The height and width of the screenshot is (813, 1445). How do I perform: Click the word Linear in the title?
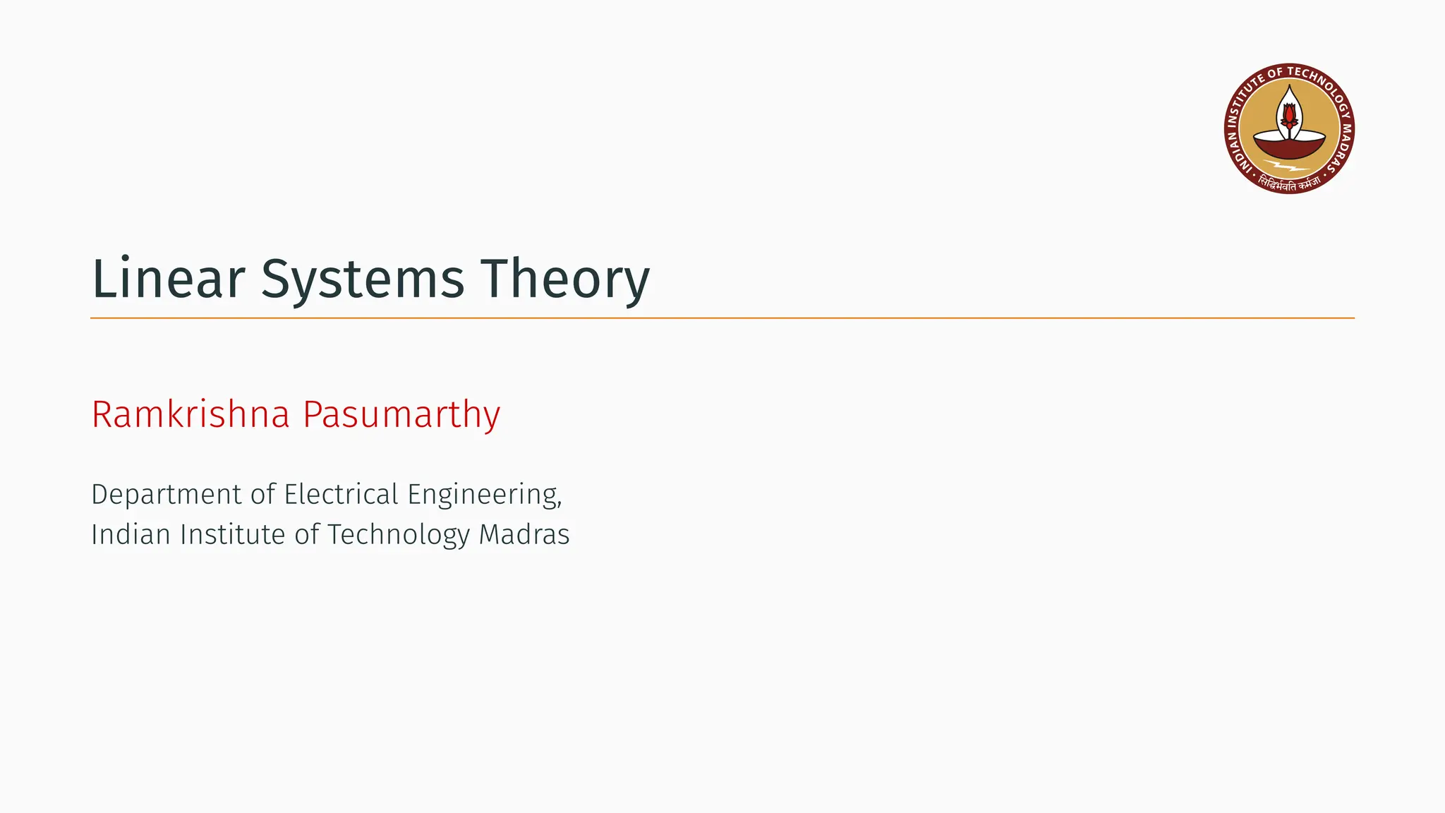pos(168,279)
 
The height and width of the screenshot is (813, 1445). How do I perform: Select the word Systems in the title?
pos(363,280)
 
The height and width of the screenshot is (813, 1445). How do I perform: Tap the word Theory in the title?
pos(564,280)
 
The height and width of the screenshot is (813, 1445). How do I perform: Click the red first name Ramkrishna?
pos(191,414)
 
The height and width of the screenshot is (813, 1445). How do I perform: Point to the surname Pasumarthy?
pos(401,416)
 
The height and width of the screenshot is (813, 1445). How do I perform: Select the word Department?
pos(167,495)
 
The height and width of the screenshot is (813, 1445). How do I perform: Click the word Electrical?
pos(341,494)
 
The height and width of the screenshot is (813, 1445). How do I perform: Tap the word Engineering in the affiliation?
pos(484,495)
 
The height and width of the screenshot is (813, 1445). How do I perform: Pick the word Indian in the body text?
pos(131,534)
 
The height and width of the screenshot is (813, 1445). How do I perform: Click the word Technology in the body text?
pos(398,535)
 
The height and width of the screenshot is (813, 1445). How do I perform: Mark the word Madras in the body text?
pos(524,534)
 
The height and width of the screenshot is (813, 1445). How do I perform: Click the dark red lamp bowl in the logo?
pos(1289,147)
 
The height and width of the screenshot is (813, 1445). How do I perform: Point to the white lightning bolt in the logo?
pos(1288,168)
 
